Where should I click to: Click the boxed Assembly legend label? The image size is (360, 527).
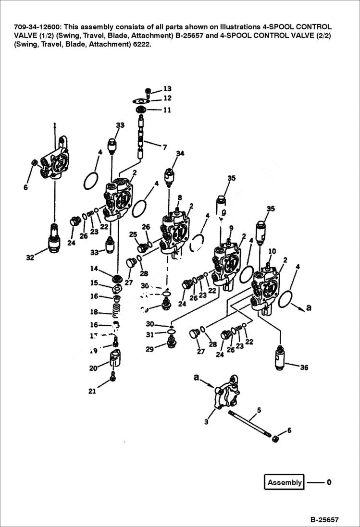pos(284,482)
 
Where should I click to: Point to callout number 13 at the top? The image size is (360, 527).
pos(167,89)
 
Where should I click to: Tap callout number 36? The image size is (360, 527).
pos(304,368)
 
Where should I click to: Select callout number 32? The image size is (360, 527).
pos(30,257)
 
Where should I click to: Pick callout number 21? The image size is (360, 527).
pos(92,391)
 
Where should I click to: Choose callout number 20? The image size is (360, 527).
pos(93,368)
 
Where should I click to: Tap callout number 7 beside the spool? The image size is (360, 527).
pos(164,147)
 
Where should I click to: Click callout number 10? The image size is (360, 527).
pos(272,251)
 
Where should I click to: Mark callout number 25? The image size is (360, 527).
pos(134,234)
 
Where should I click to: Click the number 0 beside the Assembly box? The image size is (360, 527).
pos(329,482)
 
